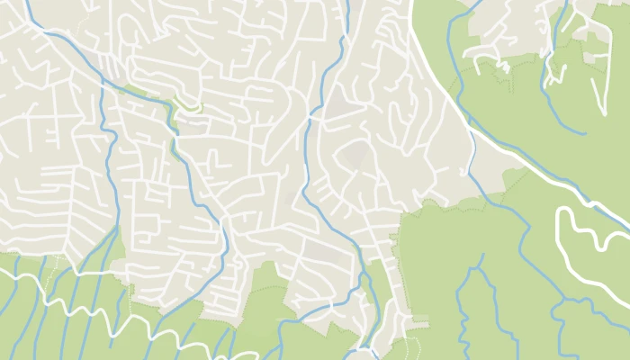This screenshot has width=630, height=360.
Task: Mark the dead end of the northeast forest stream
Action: pos(586,133)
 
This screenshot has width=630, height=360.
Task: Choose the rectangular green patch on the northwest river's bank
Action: pos(135,90)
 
